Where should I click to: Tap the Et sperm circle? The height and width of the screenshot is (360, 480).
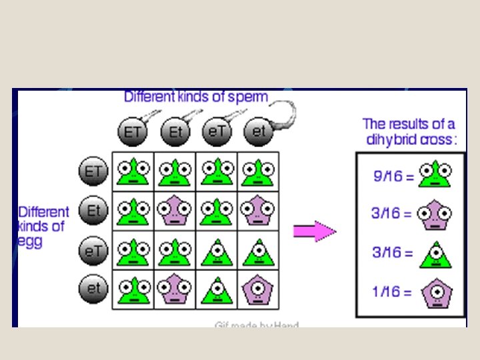click(175, 132)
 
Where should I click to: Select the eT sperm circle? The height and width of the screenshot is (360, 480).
click(216, 132)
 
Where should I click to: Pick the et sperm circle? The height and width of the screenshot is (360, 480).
click(258, 132)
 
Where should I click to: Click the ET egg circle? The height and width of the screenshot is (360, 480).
click(93, 172)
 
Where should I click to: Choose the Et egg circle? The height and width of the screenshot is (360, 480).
click(93, 211)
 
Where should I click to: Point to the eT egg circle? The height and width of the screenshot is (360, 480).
click(93, 251)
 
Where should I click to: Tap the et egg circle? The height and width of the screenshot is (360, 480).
click(93, 290)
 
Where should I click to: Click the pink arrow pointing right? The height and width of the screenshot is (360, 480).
click(315, 231)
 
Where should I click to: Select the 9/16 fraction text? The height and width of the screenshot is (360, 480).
click(389, 177)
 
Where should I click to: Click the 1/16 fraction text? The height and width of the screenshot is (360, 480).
click(389, 291)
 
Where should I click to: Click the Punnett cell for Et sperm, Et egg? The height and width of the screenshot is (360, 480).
click(175, 211)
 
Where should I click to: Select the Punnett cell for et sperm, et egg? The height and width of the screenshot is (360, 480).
click(258, 290)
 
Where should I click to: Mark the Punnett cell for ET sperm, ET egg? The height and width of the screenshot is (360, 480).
click(133, 172)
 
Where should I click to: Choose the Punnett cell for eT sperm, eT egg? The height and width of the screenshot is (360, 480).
click(216, 251)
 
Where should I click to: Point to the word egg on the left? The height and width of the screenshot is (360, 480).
click(29, 241)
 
